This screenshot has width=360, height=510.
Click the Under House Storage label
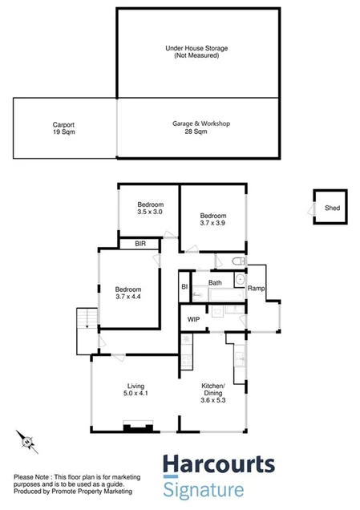(196, 52)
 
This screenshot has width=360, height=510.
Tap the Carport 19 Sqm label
(64, 129)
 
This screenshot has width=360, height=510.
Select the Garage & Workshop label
(201, 127)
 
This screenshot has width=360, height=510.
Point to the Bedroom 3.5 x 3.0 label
(149, 208)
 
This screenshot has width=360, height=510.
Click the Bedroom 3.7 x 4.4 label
(127, 294)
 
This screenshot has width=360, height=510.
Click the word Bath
(215, 283)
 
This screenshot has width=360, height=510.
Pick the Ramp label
(256, 288)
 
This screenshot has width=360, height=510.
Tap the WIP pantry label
(193, 319)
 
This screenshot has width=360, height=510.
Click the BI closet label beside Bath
(184, 285)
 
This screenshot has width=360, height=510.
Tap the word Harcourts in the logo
(219, 466)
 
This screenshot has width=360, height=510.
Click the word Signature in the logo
(203, 489)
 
